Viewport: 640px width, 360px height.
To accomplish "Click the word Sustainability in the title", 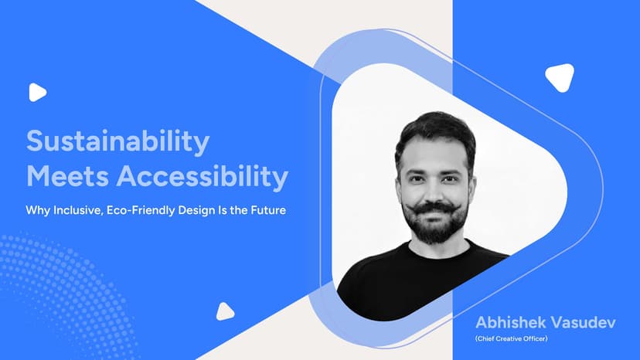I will (x=117, y=143).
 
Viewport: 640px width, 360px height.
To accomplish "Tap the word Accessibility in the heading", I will (x=203, y=177).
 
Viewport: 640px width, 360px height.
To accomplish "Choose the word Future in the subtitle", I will (x=266, y=210).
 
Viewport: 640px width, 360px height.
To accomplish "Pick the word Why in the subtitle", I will (x=37, y=210).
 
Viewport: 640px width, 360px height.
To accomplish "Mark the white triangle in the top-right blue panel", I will (x=559, y=76).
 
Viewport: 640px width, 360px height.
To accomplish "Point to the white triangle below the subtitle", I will (x=224, y=311).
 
